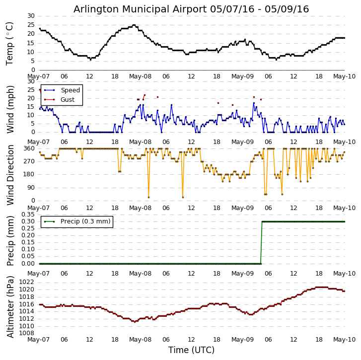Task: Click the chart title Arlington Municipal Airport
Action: pos(191,9)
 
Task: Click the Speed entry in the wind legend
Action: pos(70,90)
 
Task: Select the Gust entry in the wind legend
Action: pos(67,100)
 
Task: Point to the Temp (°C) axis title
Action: pos(10,43)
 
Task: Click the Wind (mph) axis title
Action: pos(10,109)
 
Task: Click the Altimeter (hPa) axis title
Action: pos(10,306)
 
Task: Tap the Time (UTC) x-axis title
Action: pos(191,350)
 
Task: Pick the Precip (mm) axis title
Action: pos(10,240)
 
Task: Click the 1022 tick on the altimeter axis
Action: pos(28,282)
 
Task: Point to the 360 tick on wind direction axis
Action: pos(29,148)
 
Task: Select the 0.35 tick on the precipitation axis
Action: pos(28,215)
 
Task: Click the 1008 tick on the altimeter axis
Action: pos(28,333)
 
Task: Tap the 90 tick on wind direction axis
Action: pos(31,188)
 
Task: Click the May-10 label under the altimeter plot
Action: pos(344,340)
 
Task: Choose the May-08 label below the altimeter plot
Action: pos(141,340)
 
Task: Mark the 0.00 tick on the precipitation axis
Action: pos(28,264)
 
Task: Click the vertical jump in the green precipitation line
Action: pos(262,242)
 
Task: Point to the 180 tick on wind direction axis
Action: pos(29,174)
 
